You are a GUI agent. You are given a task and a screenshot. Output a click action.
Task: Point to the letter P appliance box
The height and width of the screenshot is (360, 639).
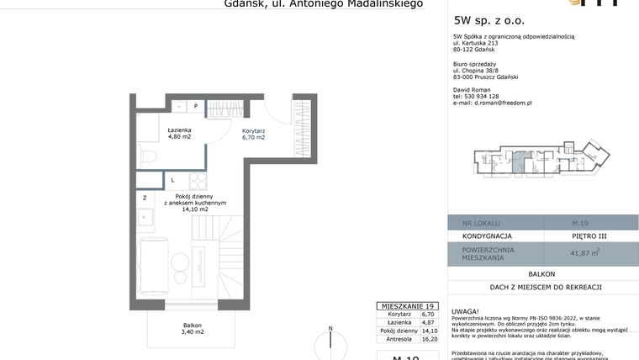pos(195,106)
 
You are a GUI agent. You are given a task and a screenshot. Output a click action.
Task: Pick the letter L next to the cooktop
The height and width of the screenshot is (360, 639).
pos(172,180)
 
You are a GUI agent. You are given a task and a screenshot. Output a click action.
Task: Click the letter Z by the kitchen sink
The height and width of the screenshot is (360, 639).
pos(145,199)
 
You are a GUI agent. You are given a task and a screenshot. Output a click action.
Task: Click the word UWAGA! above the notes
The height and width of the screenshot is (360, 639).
pos(465,310)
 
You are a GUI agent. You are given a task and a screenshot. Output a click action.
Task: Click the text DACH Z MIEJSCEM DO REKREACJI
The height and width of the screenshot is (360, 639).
pos(543,288)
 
